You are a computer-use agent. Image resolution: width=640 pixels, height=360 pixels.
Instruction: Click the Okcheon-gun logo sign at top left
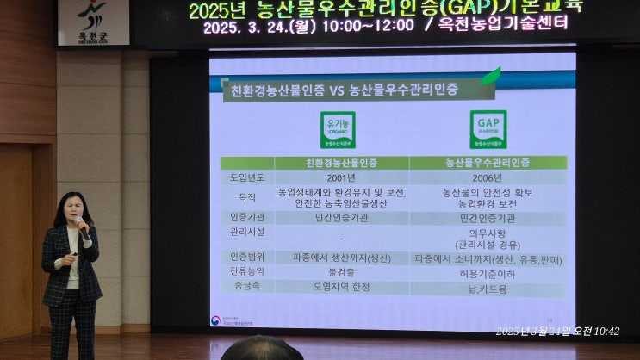click(93, 22)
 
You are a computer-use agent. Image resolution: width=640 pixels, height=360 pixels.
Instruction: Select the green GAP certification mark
click(488, 130)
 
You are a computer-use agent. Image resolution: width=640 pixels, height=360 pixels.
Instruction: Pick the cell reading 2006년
click(488, 177)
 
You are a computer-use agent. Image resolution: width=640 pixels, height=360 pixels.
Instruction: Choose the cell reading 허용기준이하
click(488, 274)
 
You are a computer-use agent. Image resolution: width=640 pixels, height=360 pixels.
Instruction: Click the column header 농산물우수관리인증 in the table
click(488, 162)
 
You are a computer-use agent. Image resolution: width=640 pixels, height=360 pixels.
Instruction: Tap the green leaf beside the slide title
click(490, 78)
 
